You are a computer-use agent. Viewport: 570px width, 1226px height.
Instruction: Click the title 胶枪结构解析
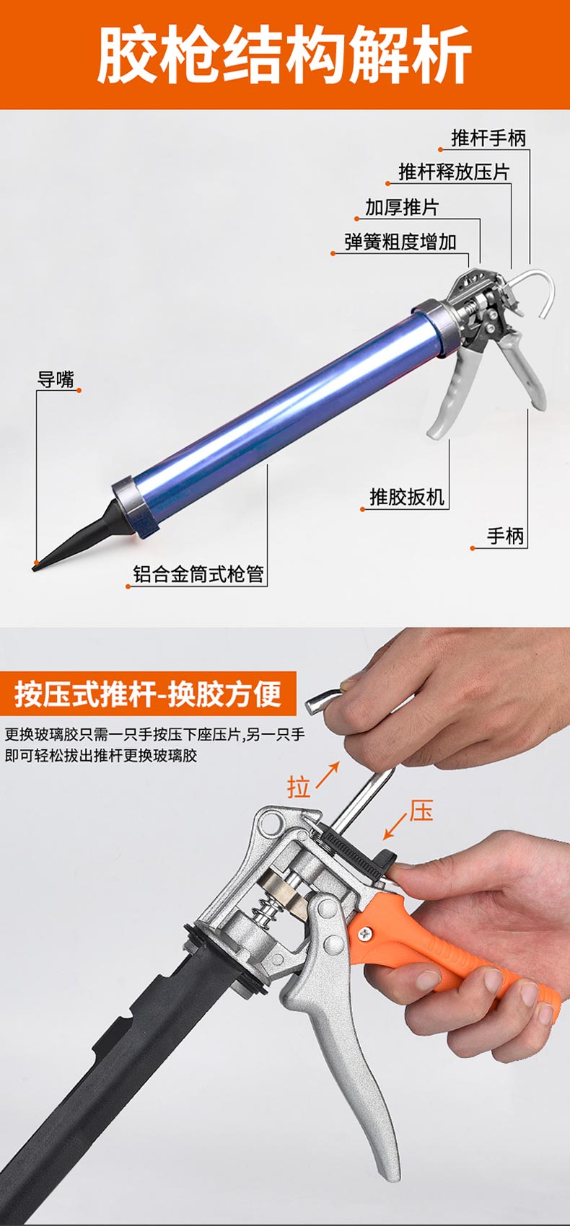coord(285,56)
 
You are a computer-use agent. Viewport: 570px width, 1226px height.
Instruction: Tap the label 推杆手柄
coord(488,138)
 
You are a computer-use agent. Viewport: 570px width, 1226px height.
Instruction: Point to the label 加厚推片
coord(402,208)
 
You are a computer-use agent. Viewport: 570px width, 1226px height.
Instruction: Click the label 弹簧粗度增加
coord(400,242)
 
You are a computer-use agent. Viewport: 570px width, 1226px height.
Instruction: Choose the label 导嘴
coord(56,379)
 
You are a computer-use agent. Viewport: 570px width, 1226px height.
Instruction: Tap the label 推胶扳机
coord(407,497)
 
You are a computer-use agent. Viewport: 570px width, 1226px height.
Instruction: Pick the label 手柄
coord(505,536)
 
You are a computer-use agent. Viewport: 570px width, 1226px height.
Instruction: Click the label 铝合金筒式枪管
coord(198,574)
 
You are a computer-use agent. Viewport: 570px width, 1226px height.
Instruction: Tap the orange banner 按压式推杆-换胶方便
coord(148,694)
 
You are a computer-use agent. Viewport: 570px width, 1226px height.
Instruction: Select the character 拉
coord(299,787)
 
